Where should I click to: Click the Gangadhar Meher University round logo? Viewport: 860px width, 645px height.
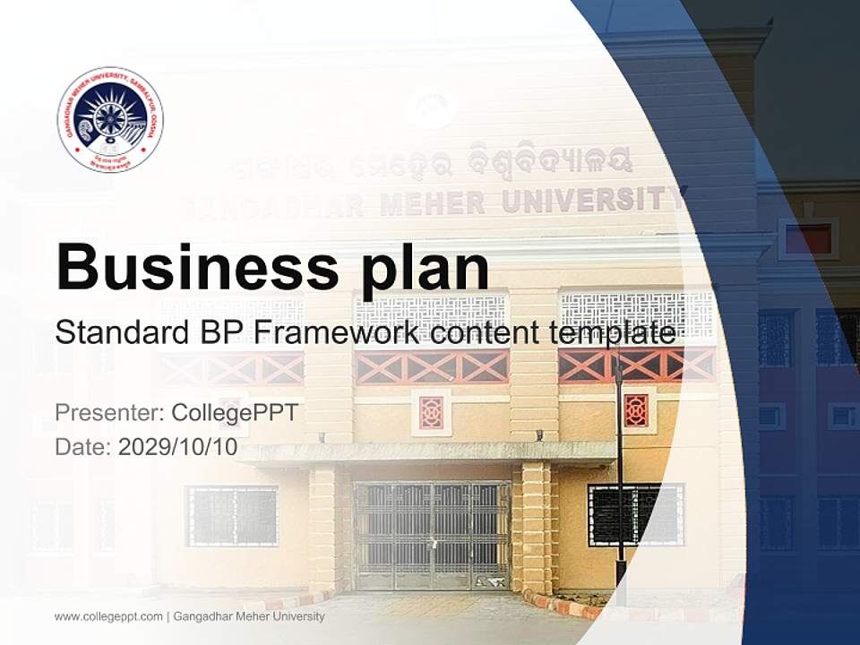coord(110,119)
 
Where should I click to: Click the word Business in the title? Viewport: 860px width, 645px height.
coord(192,267)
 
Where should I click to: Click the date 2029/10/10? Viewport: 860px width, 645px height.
coord(178,447)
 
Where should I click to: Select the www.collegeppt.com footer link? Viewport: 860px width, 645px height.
coord(108,616)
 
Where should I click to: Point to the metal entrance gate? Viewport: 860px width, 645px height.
coord(432,535)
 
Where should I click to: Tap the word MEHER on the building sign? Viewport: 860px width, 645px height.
coord(434,203)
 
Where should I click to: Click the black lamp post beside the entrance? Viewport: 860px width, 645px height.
coord(619,466)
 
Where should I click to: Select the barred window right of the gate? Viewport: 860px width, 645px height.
coord(636,514)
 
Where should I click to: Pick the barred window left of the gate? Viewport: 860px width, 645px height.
coord(232,515)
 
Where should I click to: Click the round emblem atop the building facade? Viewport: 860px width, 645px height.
coord(431,107)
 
